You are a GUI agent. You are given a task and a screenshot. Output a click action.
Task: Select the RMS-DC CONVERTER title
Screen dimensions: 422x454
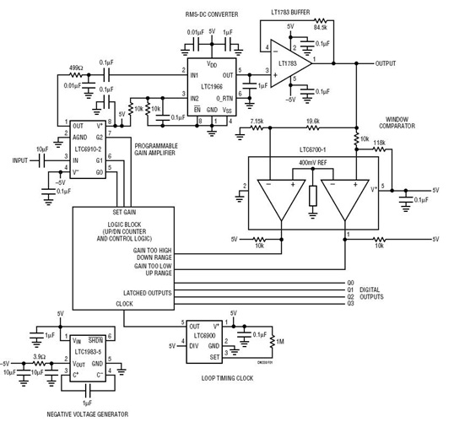[x=210, y=14]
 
